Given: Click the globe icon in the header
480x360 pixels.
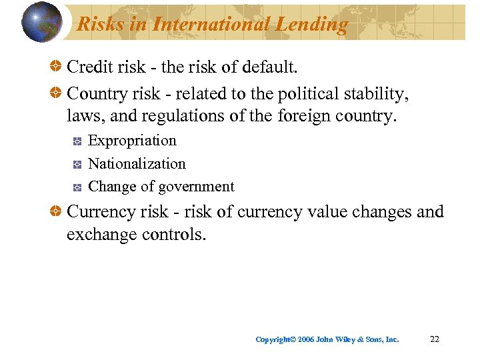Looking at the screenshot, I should (x=42, y=21).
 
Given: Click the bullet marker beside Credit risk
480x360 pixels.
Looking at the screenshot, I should (x=57, y=67).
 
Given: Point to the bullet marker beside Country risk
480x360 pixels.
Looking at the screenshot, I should (x=57, y=93).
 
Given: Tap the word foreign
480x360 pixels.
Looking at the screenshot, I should (x=301, y=116).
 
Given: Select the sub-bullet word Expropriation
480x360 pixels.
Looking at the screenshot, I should (x=132, y=141).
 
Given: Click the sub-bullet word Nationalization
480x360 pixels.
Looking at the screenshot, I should (x=137, y=164).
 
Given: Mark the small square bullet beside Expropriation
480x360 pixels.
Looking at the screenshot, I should (x=77, y=141).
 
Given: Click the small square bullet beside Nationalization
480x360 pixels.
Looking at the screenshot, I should (x=77, y=164).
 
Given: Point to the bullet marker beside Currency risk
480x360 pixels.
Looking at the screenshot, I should (x=57, y=212).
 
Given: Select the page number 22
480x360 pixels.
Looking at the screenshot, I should (x=435, y=339).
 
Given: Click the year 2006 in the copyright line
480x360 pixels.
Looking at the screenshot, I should (x=306, y=340).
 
